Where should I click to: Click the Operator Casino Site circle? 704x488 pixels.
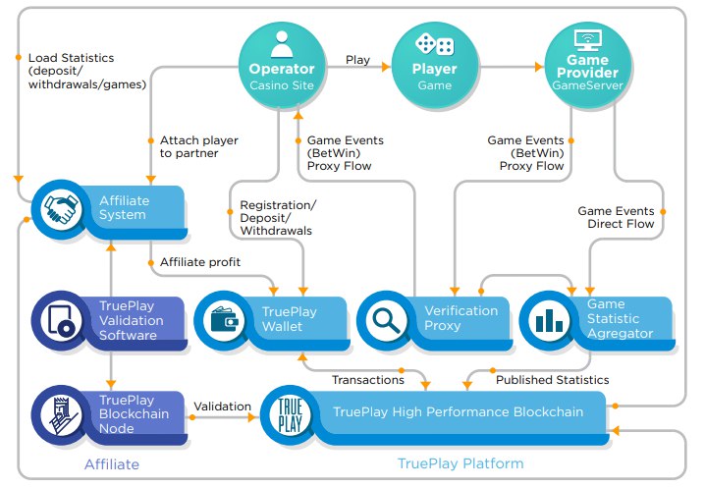tap(282, 66)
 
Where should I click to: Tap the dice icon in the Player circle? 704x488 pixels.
tap(434, 44)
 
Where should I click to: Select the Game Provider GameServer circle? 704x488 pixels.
tap(588, 66)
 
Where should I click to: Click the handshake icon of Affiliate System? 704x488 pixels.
tap(61, 209)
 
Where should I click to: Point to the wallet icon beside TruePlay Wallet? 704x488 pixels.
tap(224, 320)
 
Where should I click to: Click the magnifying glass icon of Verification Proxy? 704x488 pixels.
tap(387, 320)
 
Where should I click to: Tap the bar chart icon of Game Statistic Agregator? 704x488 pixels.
tap(549, 320)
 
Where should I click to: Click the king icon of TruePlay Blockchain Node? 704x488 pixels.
tap(62, 415)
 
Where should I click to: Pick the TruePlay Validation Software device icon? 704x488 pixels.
tap(61, 320)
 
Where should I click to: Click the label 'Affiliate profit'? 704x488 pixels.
tap(200, 262)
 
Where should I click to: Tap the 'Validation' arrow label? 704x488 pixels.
tap(222, 407)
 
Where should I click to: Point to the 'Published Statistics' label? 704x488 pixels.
tap(552, 380)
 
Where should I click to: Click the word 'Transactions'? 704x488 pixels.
tap(368, 380)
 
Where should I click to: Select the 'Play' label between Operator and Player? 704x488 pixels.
tap(357, 60)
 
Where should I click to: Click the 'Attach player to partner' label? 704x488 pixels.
tap(199, 147)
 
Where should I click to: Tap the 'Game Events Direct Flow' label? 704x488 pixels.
tap(616, 217)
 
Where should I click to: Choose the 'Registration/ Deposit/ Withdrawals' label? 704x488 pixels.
tap(278, 218)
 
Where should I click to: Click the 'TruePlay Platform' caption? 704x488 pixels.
tap(460, 463)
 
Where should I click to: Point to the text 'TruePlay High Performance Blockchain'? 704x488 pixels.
tap(458, 411)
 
